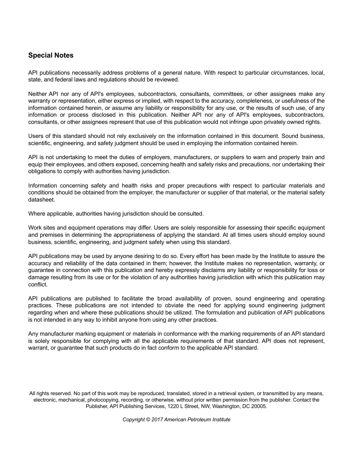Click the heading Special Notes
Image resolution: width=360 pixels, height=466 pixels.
51,55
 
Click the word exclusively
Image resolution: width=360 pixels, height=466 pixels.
146,136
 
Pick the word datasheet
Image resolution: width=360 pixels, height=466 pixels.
42,200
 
